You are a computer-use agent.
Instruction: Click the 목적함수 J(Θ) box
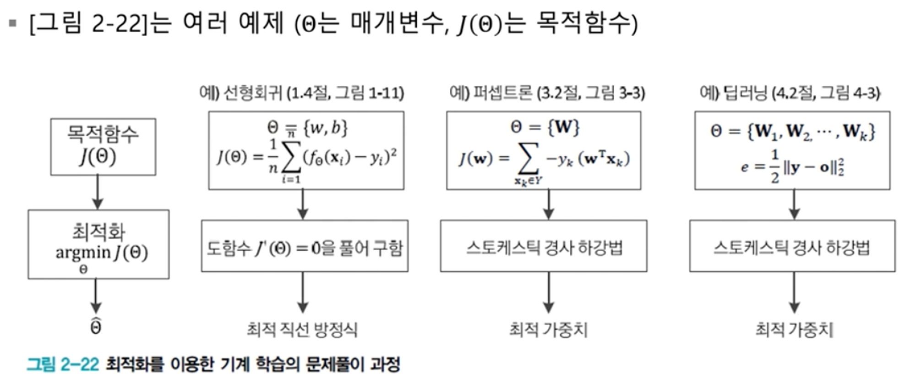pos(103,147)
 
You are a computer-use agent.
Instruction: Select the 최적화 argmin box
pos(98,244)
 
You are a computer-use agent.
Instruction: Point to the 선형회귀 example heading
pos(301,93)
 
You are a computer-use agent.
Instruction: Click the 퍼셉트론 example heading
pos(547,93)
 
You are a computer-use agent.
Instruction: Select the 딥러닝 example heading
pos(790,93)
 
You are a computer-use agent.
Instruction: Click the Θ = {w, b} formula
pos(307,128)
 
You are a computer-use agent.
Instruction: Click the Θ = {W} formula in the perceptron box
pos(545,127)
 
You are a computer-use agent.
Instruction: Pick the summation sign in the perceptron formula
pos(528,159)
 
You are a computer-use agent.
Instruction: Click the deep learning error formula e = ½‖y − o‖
pos(792,167)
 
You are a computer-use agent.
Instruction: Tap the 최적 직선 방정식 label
pos(302,330)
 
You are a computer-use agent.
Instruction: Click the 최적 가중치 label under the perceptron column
pos(548,330)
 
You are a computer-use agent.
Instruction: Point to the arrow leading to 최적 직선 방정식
pos(302,293)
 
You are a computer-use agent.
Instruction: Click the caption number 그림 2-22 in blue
pos(63,364)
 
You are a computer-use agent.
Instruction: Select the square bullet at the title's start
pos(13,23)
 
